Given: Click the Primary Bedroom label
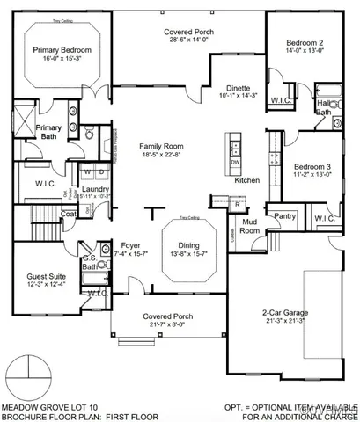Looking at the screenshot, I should tap(63, 50).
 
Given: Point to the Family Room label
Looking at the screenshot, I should tap(160, 145).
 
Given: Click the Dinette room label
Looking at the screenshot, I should tap(239, 89).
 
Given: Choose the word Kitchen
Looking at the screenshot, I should tap(247, 180).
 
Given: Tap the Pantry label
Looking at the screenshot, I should tap(284, 215).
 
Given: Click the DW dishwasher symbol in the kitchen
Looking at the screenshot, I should tap(235, 162).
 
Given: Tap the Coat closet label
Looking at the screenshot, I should tap(69, 213).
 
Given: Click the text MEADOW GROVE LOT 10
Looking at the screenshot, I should tap(47, 406).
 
